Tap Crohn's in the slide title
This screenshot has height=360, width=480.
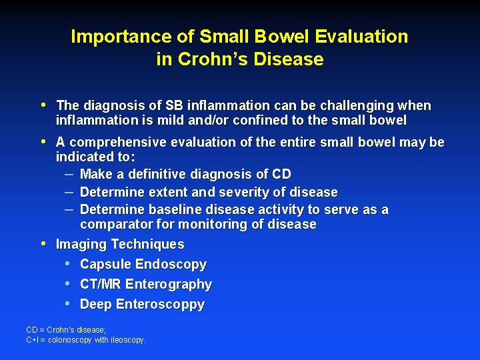pyautogui.click(x=210, y=59)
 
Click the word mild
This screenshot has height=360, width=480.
pyautogui.click(x=171, y=121)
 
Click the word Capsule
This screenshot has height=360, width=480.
pyautogui.click(x=105, y=265)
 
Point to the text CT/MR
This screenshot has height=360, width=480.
pyautogui.click(x=101, y=285)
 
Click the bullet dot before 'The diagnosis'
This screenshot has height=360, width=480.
pyautogui.click(x=44, y=105)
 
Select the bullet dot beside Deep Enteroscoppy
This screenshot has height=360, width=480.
pyautogui.click(x=69, y=304)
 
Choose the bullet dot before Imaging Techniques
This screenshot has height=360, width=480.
pyautogui.click(x=44, y=244)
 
